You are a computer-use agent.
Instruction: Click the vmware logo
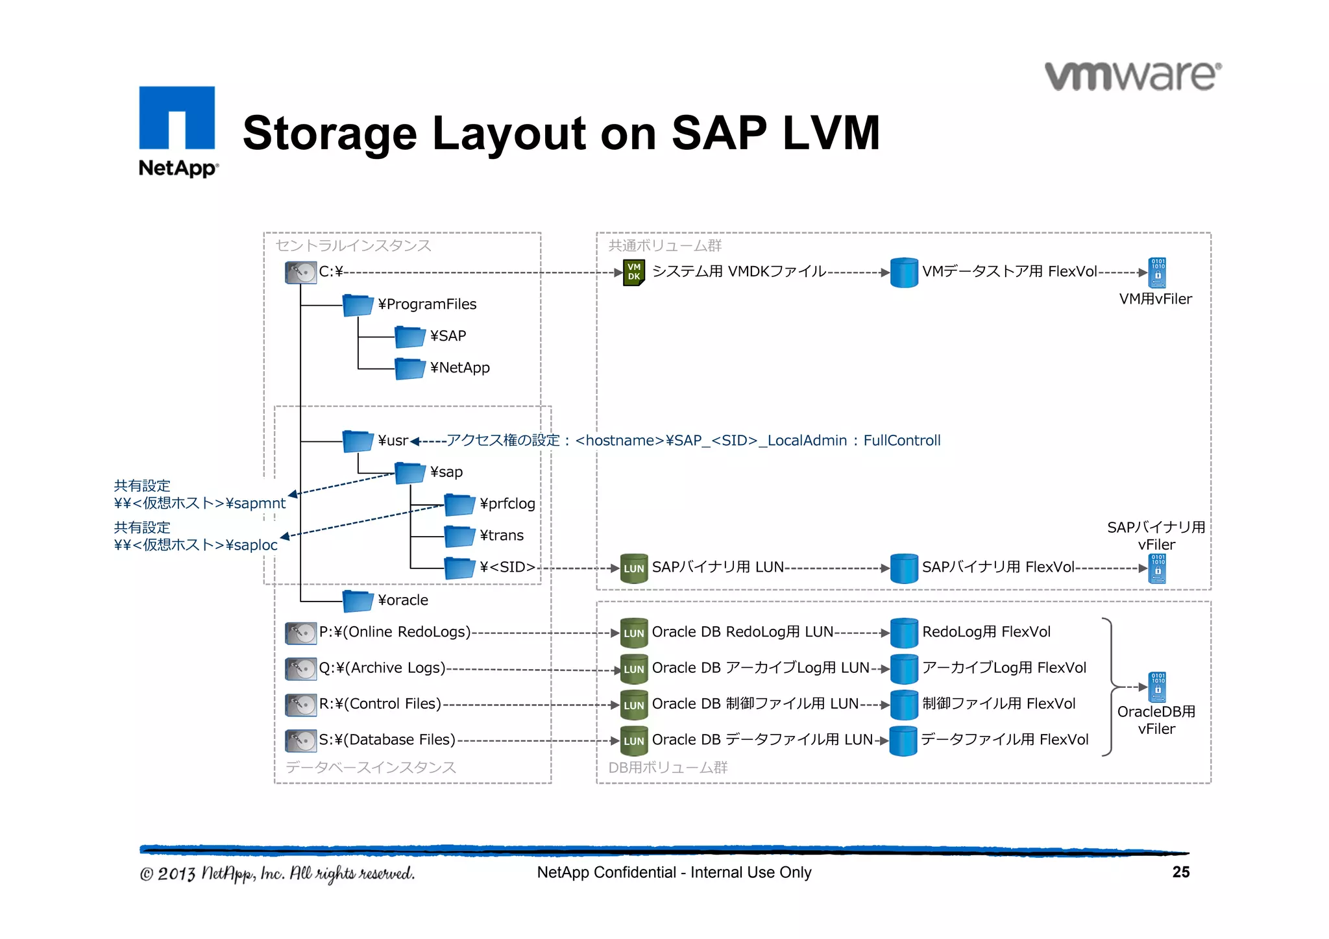coord(1132,77)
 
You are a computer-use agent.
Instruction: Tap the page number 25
coord(1180,872)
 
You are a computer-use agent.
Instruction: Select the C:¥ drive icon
coord(300,272)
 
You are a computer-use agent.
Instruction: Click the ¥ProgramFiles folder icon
coord(358,304)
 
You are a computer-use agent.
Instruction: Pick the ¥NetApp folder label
coord(459,368)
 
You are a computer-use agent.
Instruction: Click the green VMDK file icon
coord(633,273)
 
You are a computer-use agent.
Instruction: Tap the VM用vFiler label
coord(1155,299)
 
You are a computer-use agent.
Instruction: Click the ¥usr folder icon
coord(358,441)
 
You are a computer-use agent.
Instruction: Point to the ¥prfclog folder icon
coord(459,504)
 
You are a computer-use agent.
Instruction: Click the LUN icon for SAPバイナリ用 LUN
coord(633,568)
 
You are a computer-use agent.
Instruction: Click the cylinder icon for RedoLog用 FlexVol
coord(903,633)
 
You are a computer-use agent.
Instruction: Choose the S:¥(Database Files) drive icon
coord(300,740)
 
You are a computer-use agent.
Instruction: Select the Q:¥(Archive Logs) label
coord(382,668)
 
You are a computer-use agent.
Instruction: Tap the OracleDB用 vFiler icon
coord(1157,687)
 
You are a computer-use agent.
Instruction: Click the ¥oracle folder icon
coord(358,600)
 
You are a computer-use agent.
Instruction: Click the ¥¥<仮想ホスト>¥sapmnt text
coord(199,504)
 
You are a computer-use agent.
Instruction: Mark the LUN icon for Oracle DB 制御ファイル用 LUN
coord(633,705)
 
